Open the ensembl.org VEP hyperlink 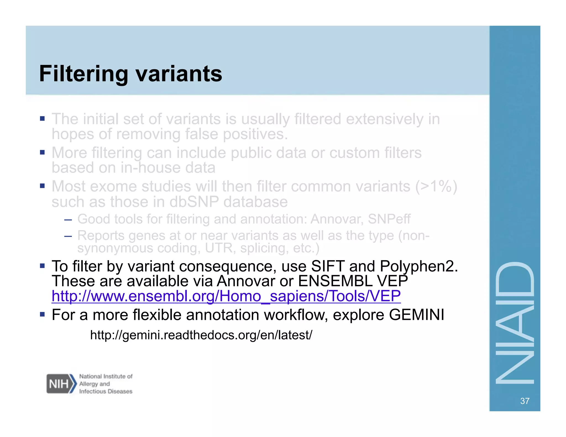(x=226, y=296)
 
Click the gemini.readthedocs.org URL (x=201, y=335)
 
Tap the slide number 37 (x=525, y=401)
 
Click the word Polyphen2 (x=419, y=266)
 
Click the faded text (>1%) (x=436, y=186)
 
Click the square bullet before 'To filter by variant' (x=42, y=266)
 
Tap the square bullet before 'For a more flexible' (x=42, y=314)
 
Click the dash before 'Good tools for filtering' (x=68, y=220)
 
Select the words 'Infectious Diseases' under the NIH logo (x=106, y=391)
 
